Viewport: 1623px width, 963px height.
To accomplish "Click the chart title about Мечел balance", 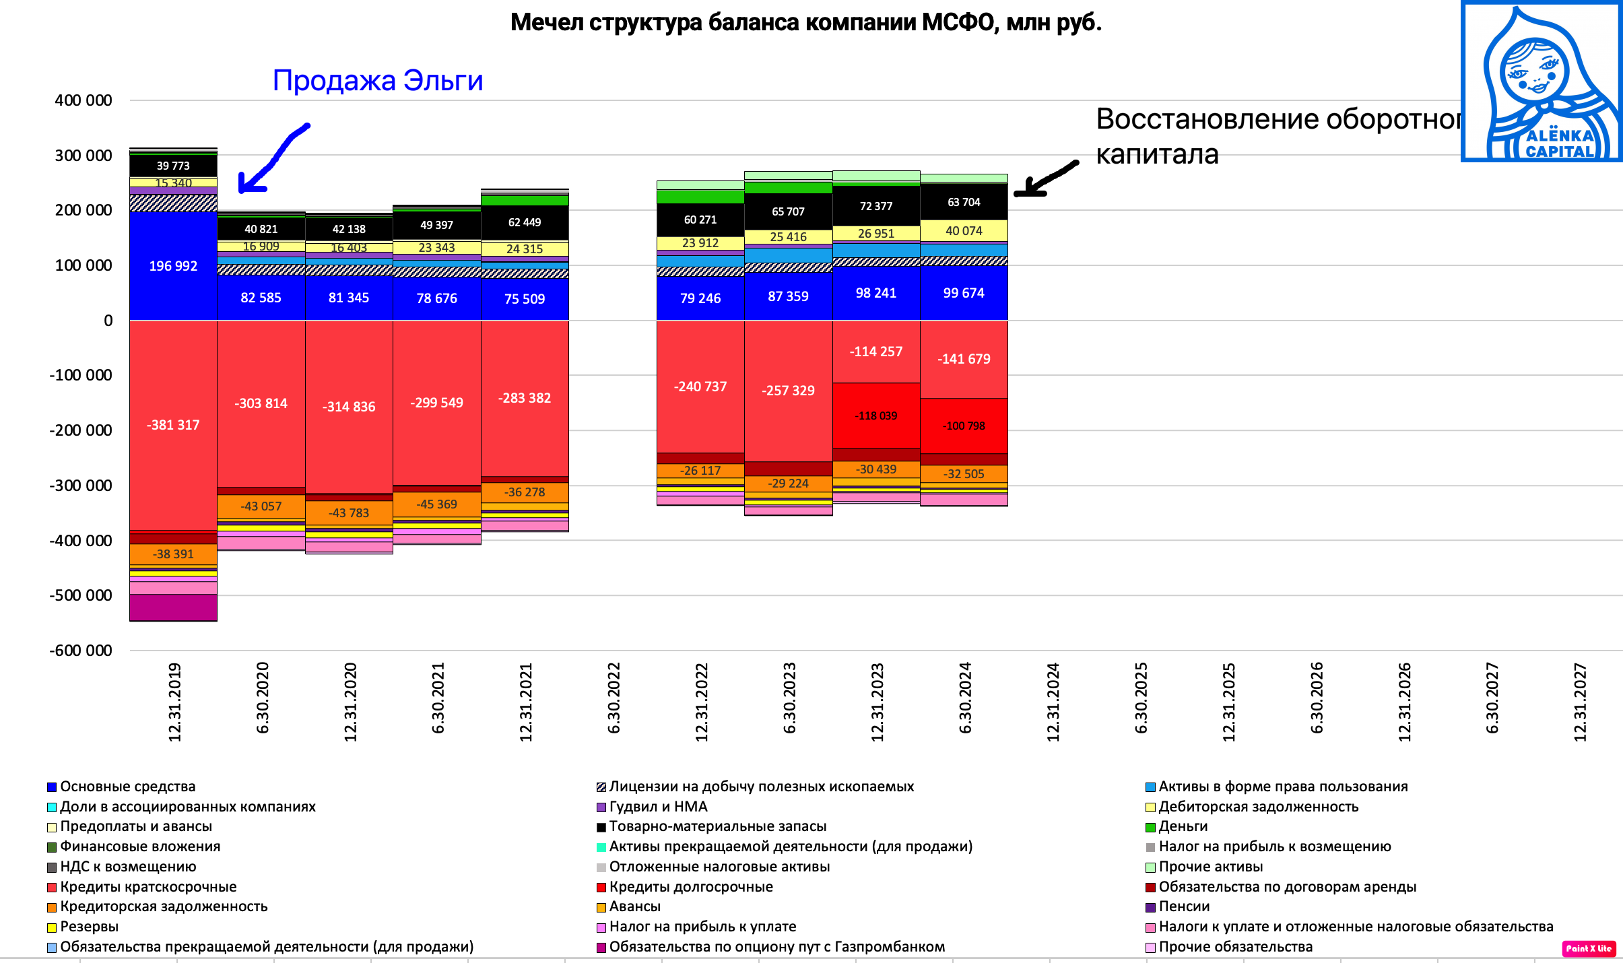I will (x=805, y=23).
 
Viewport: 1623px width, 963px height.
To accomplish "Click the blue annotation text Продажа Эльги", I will (x=377, y=81).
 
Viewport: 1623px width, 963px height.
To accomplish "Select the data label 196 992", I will (x=173, y=266).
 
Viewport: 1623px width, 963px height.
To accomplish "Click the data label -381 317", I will (x=173, y=425).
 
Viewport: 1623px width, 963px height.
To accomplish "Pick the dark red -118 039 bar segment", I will (x=875, y=416).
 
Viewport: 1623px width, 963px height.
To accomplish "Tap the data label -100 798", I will (x=964, y=426).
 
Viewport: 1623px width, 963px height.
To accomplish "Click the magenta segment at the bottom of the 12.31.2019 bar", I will (x=173, y=607).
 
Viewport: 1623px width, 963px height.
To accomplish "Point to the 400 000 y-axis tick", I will (x=84, y=100).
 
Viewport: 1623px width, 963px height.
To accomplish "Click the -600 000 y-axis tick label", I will (x=81, y=651).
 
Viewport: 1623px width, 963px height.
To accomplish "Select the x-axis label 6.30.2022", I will (x=614, y=698).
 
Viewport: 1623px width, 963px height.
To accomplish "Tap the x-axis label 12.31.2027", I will (x=1580, y=702).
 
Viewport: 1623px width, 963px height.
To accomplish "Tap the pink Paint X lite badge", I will (x=1588, y=948).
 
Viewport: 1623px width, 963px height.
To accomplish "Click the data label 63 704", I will (x=964, y=202).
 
